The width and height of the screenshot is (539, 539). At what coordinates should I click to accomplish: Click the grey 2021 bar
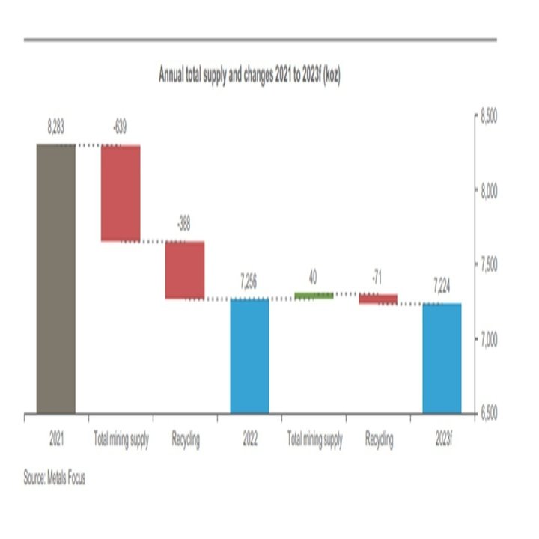[55, 278]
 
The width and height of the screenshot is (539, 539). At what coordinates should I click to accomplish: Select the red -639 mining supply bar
[121, 193]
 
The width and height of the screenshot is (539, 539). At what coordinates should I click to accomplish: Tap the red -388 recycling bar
[185, 270]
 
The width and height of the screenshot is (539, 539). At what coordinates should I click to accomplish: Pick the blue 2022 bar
[249, 356]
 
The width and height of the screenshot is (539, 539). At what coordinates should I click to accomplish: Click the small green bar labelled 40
[314, 296]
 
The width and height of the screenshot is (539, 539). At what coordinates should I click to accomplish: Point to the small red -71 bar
[378, 299]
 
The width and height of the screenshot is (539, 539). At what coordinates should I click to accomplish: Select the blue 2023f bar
[442, 358]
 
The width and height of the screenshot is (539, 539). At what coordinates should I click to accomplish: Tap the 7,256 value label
[249, 285]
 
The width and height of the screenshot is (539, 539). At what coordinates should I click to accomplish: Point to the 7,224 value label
[442, 288]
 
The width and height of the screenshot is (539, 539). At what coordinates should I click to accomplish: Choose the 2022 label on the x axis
[249, 440]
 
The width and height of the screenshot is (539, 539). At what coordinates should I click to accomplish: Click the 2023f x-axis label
[442, 440]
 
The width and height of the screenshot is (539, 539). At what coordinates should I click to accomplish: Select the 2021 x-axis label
[55, 440]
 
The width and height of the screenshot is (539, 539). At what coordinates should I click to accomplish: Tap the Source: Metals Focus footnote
[54, 478]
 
